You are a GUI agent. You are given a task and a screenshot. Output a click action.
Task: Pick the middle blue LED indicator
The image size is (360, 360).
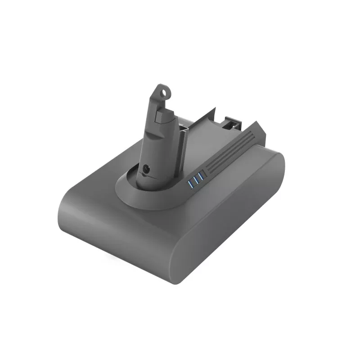pyautogui.click(x=196, y=180)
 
